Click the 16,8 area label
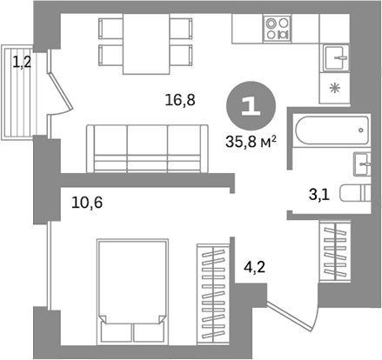(x=179, y=100)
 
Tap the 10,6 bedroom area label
(x=86, y=204)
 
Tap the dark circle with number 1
(x=249, y=106)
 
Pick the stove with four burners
(x=279, y=30)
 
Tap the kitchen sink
(x=335, y=57)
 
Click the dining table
(x=145, y=43)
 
